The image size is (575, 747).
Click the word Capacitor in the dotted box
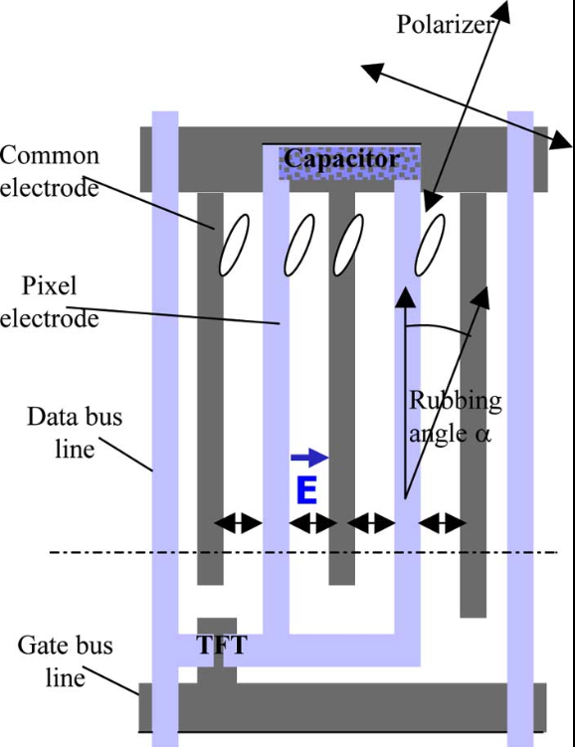[341, 159]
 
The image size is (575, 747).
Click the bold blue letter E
[305, 489]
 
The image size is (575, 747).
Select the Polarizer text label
[446, 25]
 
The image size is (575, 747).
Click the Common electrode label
[50, 171]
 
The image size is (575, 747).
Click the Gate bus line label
[66, 661]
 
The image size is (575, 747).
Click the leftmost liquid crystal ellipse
[233, 245]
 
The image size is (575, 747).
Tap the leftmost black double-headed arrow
[239, 523]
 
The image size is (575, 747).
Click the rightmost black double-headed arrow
[442, 523]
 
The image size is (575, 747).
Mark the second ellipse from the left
[299, 245]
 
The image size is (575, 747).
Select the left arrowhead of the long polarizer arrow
[369, 70]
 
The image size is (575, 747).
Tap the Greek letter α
[483, 435]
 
